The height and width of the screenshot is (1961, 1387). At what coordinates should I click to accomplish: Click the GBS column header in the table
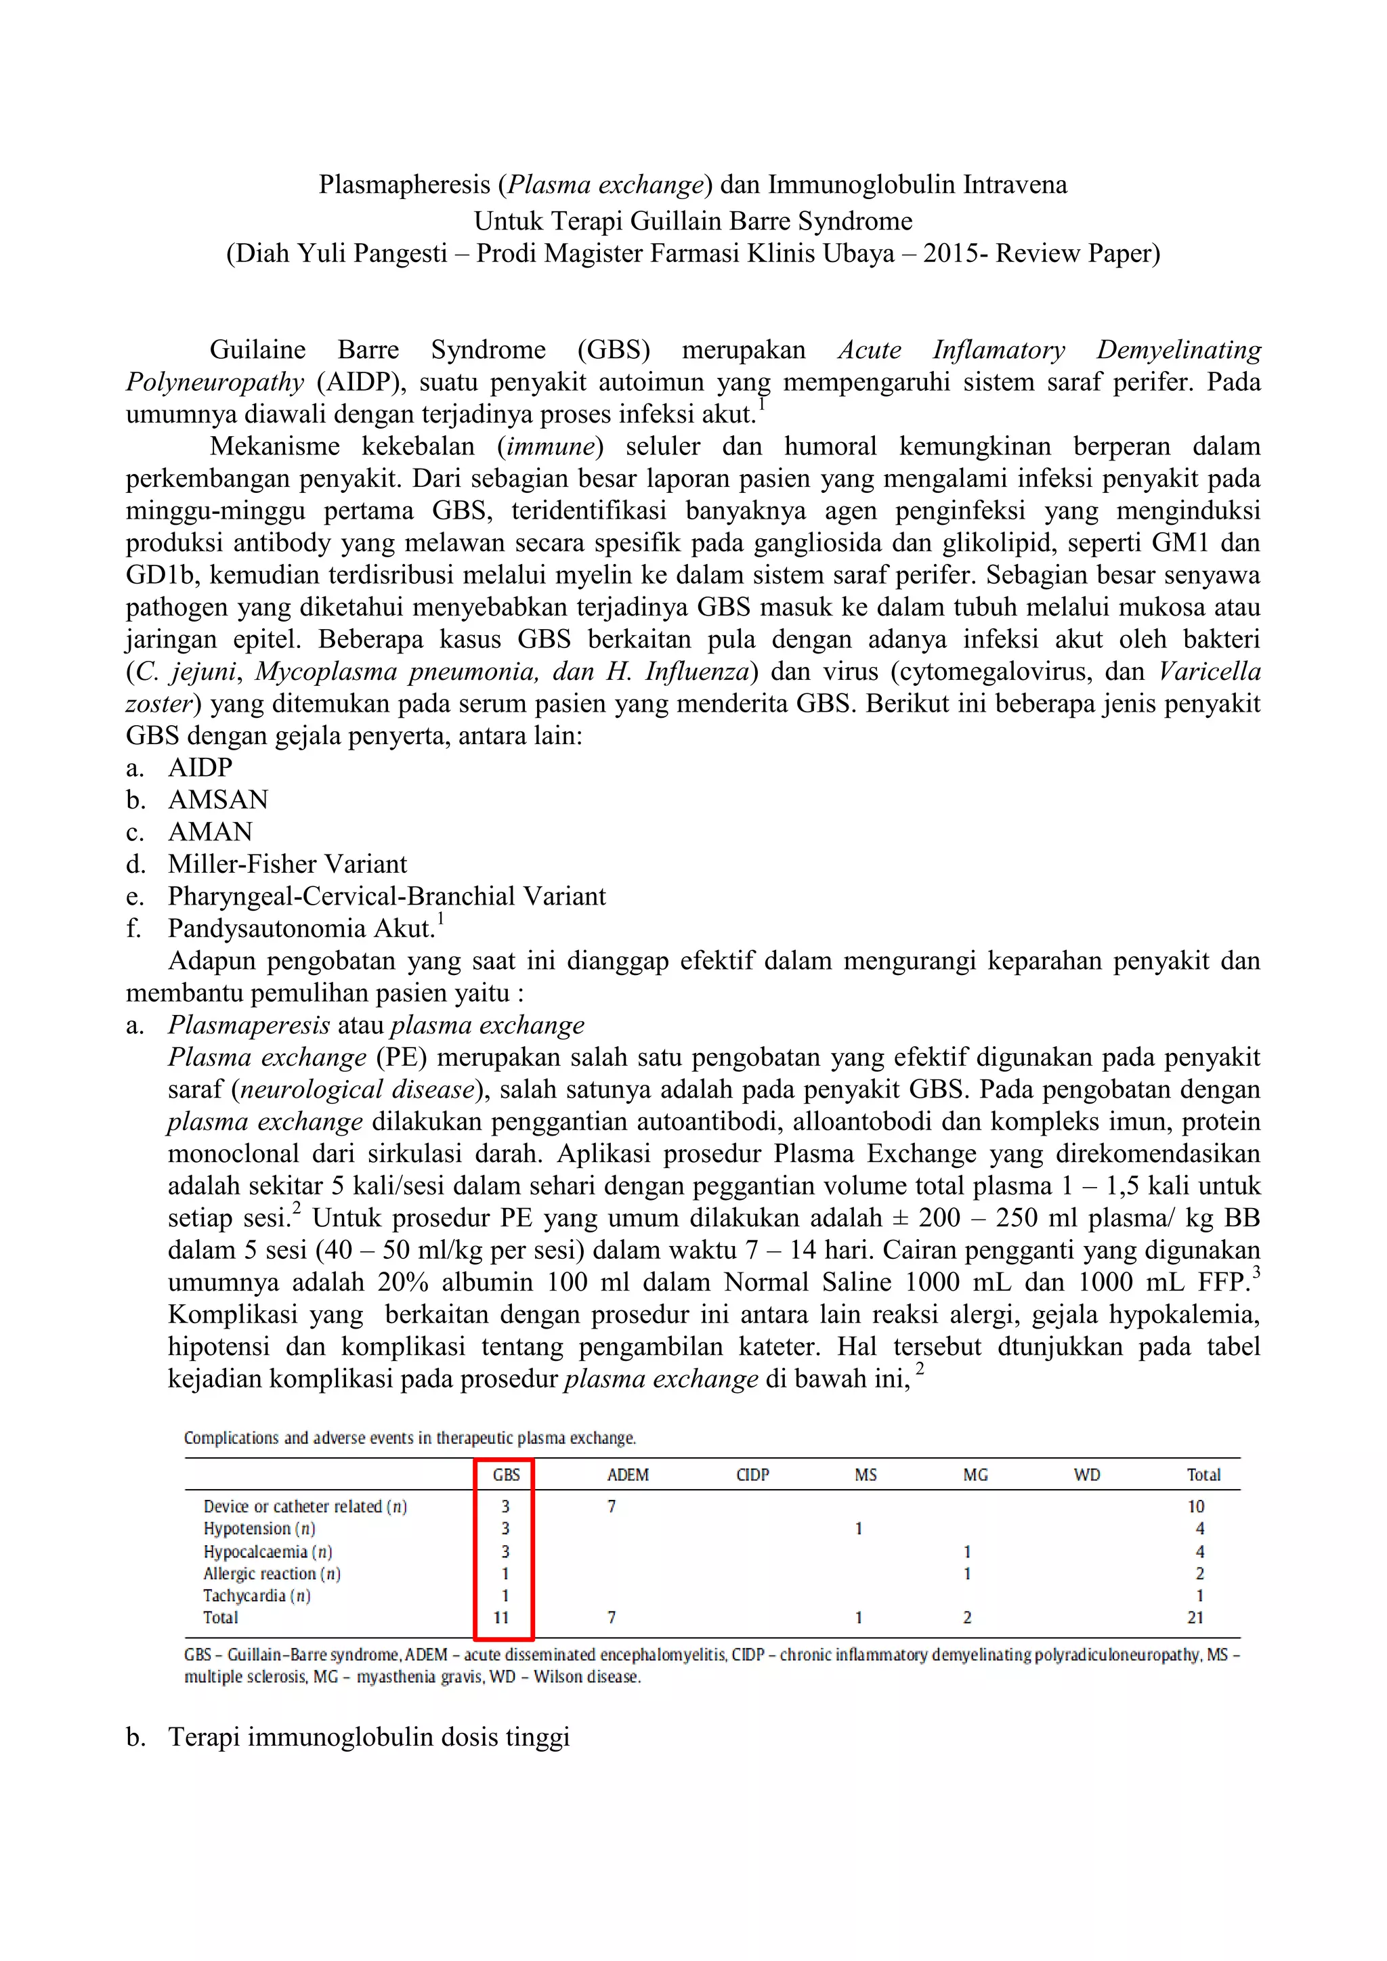[506, 1475]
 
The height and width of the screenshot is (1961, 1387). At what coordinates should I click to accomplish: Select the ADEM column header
[628, 1475]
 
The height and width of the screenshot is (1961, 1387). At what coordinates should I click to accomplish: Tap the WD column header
[1086, 1475]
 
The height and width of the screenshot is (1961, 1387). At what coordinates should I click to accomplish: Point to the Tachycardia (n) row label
[256, 1595]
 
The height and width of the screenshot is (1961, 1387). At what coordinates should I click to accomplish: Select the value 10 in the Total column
[1196, 1507]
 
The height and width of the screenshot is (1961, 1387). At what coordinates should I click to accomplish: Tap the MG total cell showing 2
[967, 1618]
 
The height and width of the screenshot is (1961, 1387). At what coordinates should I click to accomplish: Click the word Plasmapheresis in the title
[405, 184]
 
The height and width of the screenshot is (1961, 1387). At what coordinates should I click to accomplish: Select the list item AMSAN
[218, 800]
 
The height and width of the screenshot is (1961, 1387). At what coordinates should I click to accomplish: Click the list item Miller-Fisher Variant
[287, 864]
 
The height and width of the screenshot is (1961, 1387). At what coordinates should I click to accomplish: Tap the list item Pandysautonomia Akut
[301, 928]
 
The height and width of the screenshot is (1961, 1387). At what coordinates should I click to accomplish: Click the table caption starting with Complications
[409, 1438]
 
